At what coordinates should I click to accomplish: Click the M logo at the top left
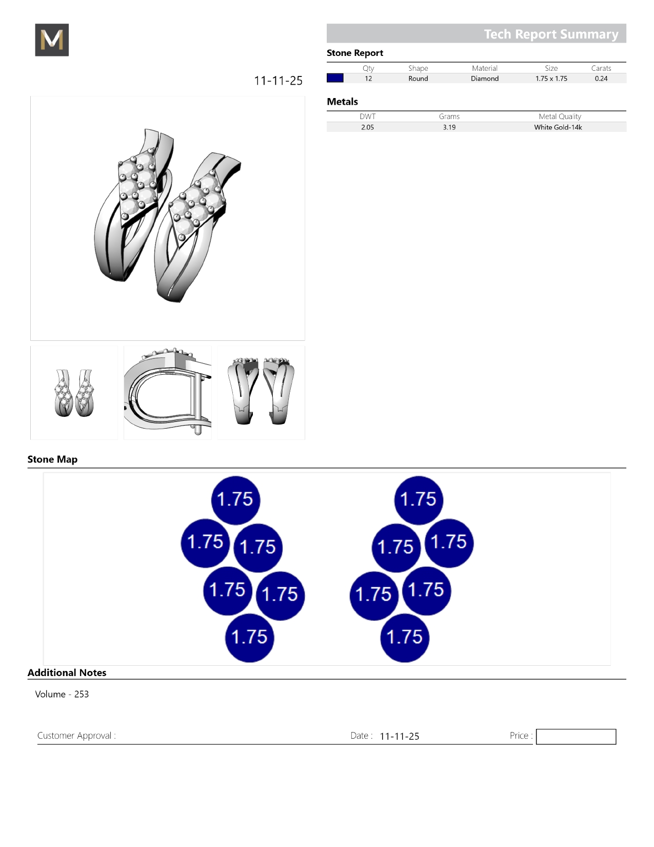click(52, 40)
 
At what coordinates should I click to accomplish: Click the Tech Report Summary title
click(551, 34)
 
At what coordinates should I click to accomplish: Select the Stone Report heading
click(355, 53)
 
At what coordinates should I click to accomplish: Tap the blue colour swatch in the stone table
click(335, 78)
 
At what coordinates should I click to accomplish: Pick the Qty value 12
click(368, 79)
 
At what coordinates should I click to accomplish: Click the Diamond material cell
click(485, 79)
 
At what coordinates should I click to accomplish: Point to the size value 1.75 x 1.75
click(551, 79)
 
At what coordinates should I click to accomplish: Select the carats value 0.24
click(601, 79)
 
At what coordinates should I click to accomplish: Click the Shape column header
click(418, 68)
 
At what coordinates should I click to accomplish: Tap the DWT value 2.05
click(367, 127)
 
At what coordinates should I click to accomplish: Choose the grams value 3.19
click(449, 127)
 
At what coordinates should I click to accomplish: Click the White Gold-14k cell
click(558, 127)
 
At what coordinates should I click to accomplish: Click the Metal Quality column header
click(560, 117)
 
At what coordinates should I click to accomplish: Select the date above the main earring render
click(278, 81)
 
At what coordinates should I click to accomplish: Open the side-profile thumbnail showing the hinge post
click(168, 393)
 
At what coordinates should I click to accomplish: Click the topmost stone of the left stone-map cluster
click(235, 500)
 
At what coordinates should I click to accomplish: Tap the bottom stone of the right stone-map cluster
click(405, 638)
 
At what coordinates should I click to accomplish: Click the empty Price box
click(576, 736)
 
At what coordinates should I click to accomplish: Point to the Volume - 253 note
click(62, 694)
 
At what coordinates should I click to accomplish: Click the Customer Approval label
click(76, 736)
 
